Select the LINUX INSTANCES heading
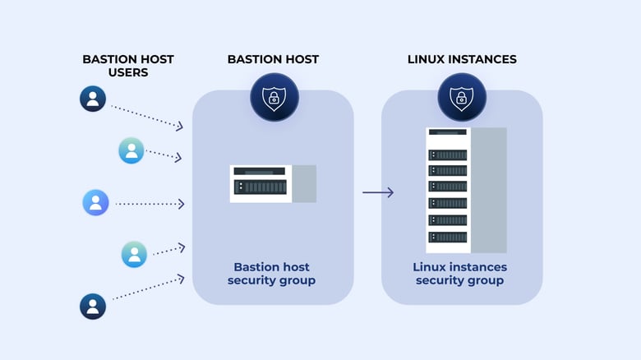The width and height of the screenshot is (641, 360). point(461,59)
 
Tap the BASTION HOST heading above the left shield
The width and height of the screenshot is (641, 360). point(273,59)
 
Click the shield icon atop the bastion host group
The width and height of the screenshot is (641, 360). point(274,98)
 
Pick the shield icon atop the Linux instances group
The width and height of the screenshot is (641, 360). point(462,98)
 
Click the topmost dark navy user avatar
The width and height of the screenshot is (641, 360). point(93,99)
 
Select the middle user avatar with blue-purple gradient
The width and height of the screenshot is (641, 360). point(95,202)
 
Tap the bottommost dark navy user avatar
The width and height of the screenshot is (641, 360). point(93,307)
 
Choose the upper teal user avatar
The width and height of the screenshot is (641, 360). point(131,150)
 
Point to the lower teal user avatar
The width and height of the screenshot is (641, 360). point(134,254)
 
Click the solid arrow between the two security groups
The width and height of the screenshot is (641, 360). point(378,192)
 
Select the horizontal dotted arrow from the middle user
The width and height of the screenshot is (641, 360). point(150,203)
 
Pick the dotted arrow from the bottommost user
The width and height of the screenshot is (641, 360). point(148,288)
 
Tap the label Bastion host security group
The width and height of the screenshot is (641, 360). point(273,274)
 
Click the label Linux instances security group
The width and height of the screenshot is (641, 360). point(459,274)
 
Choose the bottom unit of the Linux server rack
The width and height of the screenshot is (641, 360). point(447,238)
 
